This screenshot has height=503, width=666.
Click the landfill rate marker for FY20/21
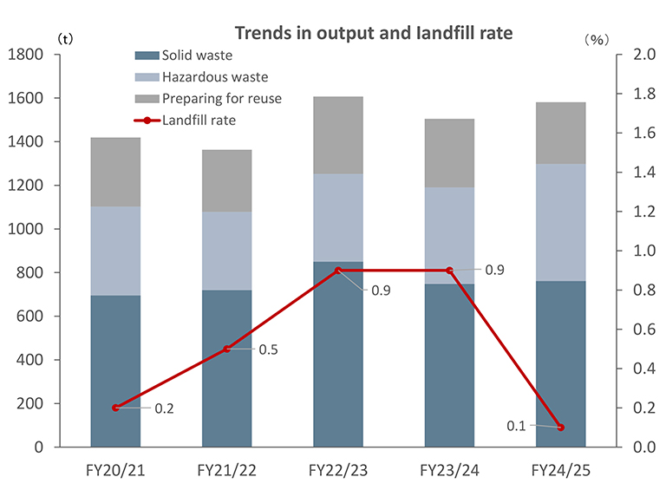pyautogui.click(x=115, y=408)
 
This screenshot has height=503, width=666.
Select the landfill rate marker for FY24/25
pyautogui.click(x=561, y=428)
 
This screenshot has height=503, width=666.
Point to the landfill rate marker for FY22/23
pyautogui.click(x=338, y=271)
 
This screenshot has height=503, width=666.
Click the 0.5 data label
pyautogui.click(x=268, y=349)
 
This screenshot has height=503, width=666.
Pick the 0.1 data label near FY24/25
pyautogui.click(x=518, y=425)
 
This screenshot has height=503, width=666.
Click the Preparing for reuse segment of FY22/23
pyautogui.click(x=338, y=135)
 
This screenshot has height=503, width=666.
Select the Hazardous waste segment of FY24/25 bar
pyautogui.click(x=561, y=222)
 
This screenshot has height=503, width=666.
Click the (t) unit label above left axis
pyautogui.click(x=63, y=40)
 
